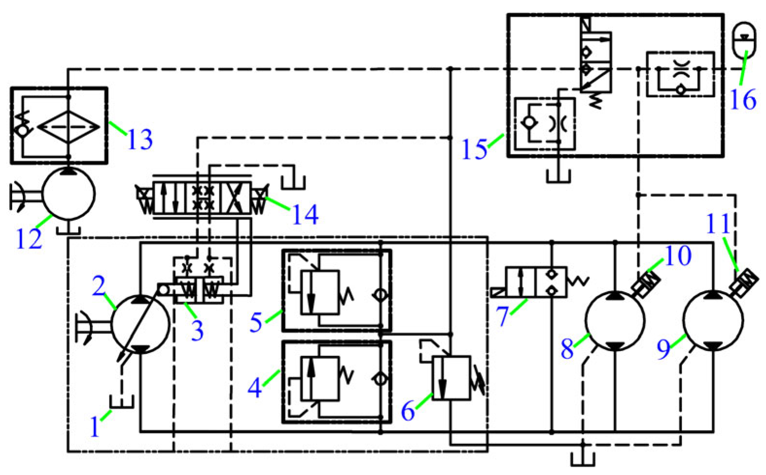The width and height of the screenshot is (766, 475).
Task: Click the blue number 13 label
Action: pos(140,140)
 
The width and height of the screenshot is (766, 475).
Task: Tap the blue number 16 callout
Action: pos(743,100)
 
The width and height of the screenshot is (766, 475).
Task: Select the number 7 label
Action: pos(502,317)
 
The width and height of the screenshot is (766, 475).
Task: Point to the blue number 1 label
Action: pos(95,427)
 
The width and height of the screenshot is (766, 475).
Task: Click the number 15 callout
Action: pos(474,149)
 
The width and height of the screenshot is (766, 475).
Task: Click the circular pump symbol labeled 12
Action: pos(68,194)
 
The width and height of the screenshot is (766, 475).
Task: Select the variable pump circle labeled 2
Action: pos(141,324)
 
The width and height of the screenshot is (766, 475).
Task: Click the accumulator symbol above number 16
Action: pos(744,40)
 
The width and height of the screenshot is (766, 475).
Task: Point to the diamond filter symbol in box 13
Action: pos(68,126)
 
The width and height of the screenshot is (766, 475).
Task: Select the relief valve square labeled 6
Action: pos(451,378)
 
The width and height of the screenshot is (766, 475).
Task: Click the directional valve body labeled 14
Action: pos(202,198)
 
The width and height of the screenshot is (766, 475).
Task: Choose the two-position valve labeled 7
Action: pos(536,281)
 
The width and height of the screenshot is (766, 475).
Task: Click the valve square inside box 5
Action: pos(320,292)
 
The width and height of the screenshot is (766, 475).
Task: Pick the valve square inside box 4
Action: pos(320,379)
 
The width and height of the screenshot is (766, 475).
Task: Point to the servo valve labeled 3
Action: pos(199,290)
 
